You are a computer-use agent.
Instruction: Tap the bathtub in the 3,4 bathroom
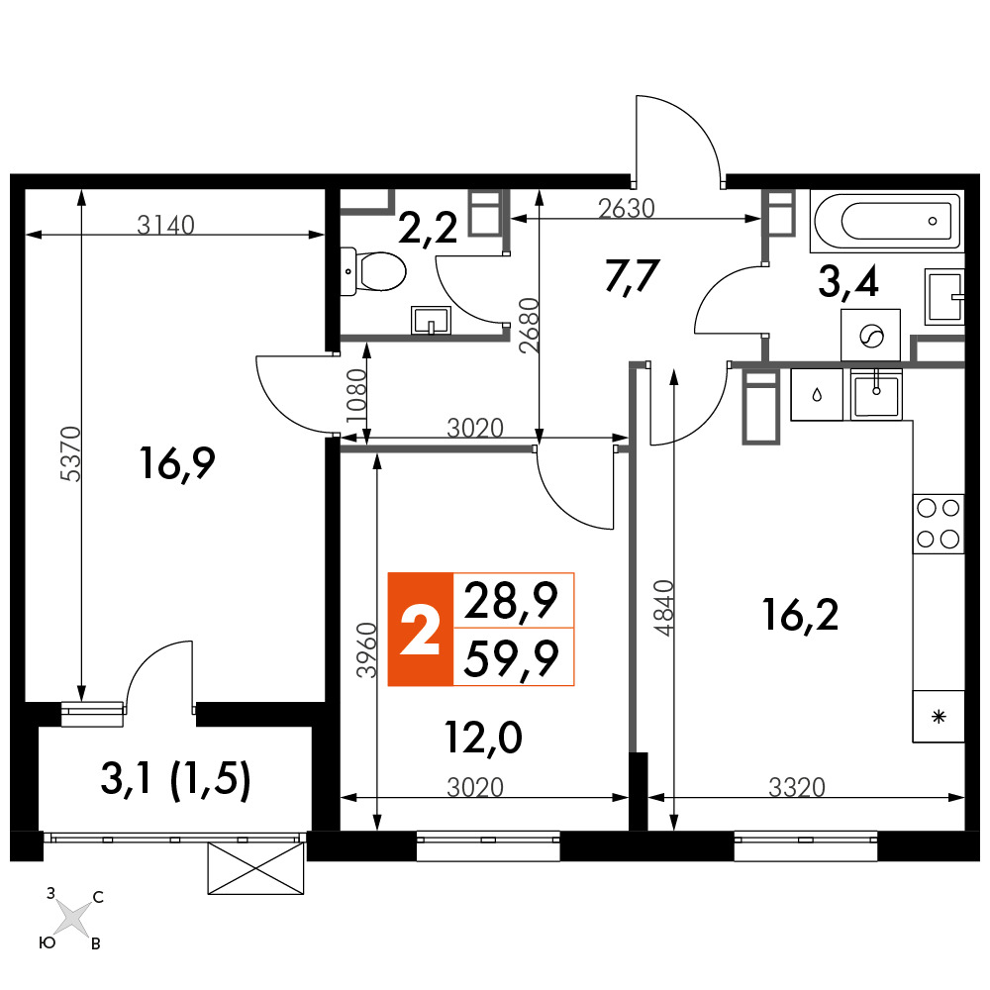click(887, 222)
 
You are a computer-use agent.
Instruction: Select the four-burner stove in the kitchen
click(939, 524)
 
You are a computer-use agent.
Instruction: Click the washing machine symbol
click(870, 335)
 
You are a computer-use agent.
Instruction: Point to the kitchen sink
click(876, 395)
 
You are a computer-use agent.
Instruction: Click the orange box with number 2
click(421, 629)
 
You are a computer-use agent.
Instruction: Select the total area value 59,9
click(512, 658)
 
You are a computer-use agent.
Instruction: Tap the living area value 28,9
click(512, 602)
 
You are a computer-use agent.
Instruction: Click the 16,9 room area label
click(177, 464)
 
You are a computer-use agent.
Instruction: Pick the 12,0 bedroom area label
click(484, 738)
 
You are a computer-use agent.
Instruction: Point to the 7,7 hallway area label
click(633, 276)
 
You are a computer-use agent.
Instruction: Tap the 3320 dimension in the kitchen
click(797, 787)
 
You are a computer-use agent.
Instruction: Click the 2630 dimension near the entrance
click(627, 208)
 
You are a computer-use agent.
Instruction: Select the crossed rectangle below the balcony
click(256, 869)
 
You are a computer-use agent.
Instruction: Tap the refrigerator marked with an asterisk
click(939, 716)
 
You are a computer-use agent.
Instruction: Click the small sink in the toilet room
click(432, 320)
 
